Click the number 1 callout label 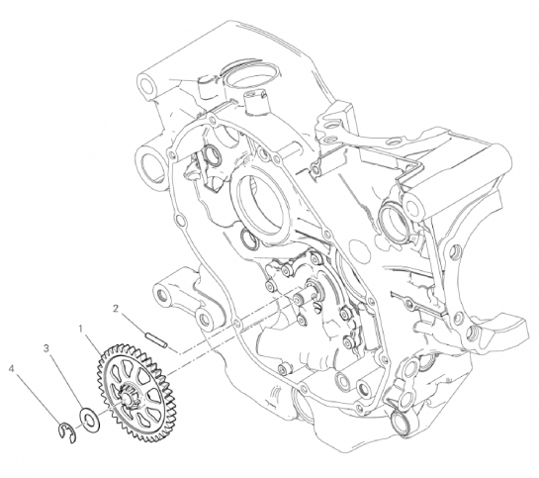(x=81, y=330)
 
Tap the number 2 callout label (x=116, y=309)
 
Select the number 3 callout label (x=46, y=348)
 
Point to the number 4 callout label (x=12, y=369)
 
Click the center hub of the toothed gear (x=128, y=401)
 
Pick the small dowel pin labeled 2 (x=156, y=339)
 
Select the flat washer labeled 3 (x=90, y=421)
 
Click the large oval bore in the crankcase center (x=261, y=205)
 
